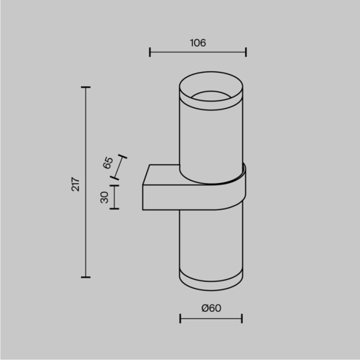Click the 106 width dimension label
(198, 43)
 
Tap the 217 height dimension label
(76, 184)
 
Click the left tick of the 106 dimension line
(150, 52)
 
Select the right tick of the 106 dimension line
(246, 52)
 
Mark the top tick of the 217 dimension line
(85, 88)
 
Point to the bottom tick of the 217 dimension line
(85, 277)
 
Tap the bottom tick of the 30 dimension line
(115, 208)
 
